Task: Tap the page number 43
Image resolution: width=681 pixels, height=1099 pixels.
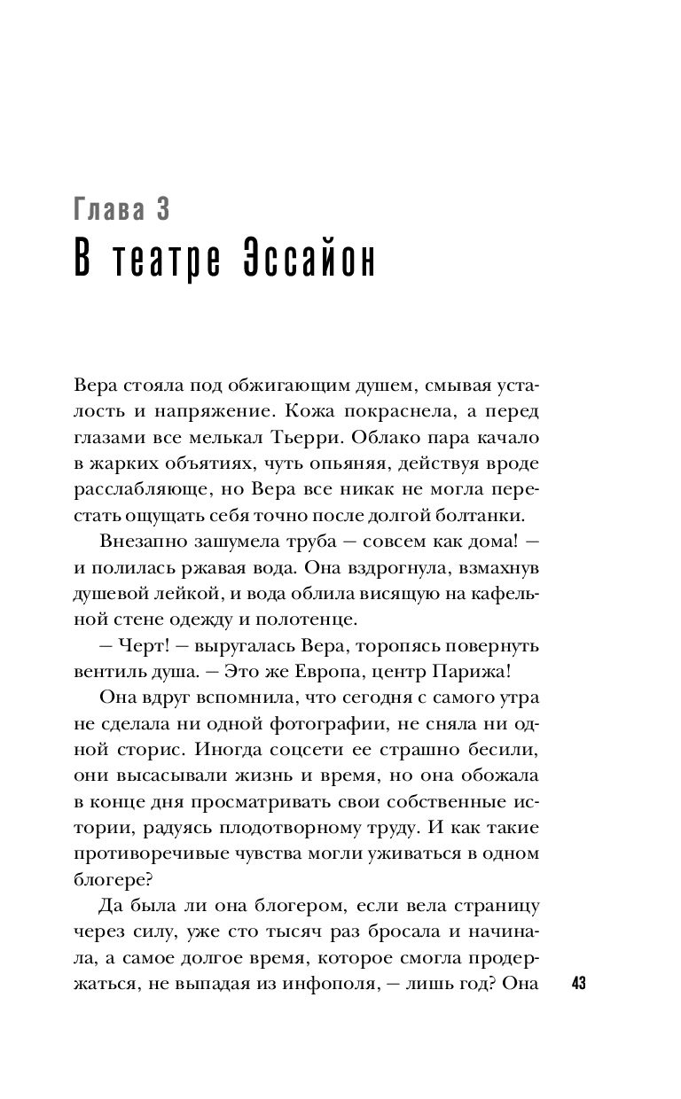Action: coord(581,985)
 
